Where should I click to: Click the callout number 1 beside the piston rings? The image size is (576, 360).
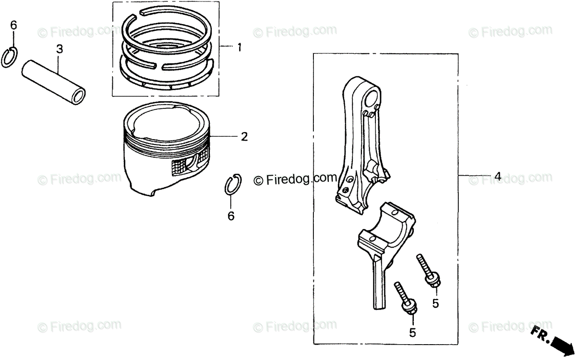(239, 48)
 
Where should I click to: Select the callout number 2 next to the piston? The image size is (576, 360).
(244, 137)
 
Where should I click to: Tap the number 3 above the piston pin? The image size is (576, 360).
(59, 48)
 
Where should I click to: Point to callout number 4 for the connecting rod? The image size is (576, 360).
(498, 176)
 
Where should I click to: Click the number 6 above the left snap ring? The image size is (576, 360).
(13, 25)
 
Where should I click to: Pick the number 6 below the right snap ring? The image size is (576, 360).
(231, 216)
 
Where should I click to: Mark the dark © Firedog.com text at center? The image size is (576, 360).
(295, 179)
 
